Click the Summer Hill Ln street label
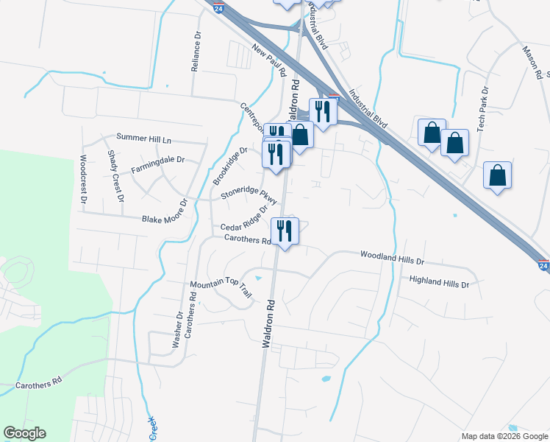coord(143,139)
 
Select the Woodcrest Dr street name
coord(83,179)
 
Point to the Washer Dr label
coord(177,329)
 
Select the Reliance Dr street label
coord(196,52)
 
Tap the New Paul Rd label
coord(269,60)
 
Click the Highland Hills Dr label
coord(439,281)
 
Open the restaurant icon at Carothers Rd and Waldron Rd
coord(284,231)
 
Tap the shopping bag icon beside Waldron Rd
coord(300,134)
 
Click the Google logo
coord(24,433)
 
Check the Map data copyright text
coord(504,436)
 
